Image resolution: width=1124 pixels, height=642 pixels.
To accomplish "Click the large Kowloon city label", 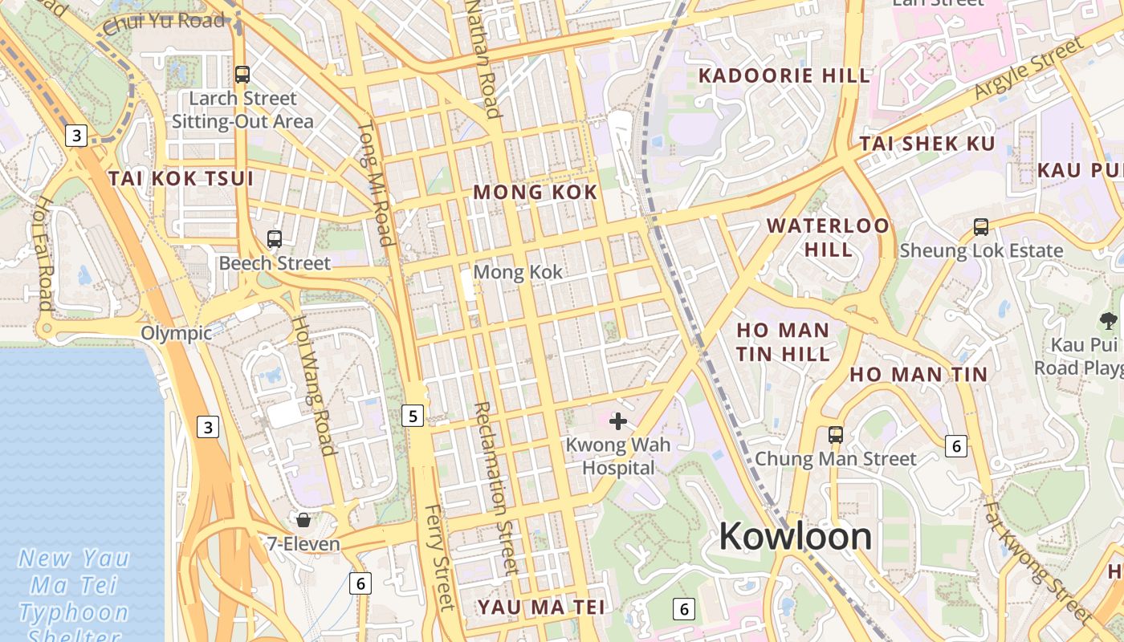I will click(795, 536).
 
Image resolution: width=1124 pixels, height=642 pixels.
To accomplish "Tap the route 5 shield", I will click(413, 415).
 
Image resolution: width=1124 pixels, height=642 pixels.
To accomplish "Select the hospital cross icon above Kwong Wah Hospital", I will click(618, 421).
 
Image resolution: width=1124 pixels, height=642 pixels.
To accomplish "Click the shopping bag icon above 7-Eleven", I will click(303, 520).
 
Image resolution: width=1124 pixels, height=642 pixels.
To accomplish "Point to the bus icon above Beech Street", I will click(275, 238).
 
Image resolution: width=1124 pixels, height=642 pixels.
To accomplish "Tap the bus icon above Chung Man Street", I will click(836, 435).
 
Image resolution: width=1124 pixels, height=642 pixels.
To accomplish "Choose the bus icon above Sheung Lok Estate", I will click(980, 226).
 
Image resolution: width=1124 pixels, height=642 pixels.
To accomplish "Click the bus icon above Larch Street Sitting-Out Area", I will click(242, 75).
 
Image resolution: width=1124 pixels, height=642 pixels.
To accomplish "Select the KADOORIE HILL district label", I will click(784, 76).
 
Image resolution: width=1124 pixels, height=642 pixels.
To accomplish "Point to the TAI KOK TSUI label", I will click(181, 178).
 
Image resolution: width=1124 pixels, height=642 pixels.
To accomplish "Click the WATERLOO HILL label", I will click(829, 237).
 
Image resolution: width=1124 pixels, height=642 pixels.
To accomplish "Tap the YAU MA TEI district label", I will click(541, 607).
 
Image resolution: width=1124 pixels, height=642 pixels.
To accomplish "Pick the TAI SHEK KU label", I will click(927, 144).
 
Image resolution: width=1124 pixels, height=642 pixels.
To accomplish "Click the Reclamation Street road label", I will click(493, 487).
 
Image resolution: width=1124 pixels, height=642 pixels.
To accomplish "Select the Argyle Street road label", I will click(1029, 68).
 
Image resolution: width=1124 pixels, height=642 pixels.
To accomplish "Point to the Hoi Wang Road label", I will click(312, 385).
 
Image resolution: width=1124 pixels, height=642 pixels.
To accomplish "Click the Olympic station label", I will click(177, 333).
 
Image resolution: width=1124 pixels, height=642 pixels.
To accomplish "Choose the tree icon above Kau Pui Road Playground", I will click(1109, 321).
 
